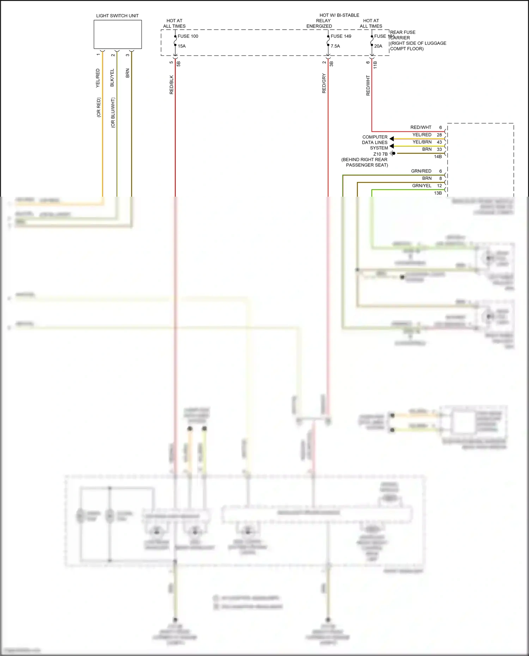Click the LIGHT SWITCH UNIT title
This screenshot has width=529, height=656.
[117, 16]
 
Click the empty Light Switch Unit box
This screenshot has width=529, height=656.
[117, 34]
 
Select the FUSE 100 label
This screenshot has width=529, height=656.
[188, 36]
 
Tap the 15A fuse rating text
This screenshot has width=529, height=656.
[182, 46]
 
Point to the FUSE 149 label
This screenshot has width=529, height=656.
[341, 36]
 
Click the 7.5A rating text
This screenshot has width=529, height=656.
[335, 46]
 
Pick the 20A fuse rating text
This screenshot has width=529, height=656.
[378, 46]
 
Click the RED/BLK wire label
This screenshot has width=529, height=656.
[171, 85]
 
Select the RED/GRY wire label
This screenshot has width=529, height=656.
[324, 84]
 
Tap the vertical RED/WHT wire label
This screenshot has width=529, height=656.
[368, 85]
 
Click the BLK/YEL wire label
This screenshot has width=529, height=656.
[112, 78]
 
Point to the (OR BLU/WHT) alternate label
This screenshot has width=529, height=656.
[113, 113]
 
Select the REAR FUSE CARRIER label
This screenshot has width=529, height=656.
[402, 35]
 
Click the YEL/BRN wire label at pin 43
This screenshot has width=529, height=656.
[422, 142]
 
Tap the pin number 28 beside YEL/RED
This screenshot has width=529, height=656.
[439, 135]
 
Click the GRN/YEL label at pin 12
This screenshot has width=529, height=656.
[421, 186]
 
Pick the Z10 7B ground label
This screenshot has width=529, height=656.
[380, 154]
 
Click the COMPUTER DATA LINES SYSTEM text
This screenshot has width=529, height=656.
[375, 142]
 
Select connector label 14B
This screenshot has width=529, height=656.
[438, 157]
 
